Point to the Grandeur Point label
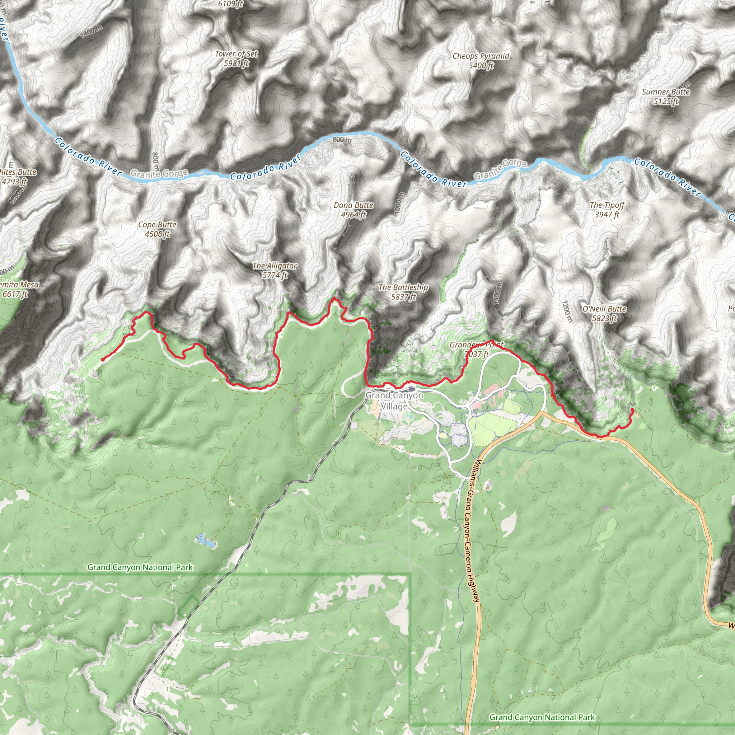[x=476, y=345]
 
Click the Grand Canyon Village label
[x=394, y=401]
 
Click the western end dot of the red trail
[x=103, y=359]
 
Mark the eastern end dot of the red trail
[x=632, y=410]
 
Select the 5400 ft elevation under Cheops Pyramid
[x=481, y=65]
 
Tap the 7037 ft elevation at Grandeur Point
[x=476, y=355]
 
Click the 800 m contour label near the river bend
[x=342, y=140]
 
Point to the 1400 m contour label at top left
[x=91, y=32]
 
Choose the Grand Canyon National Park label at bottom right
[x=542, y=717]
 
